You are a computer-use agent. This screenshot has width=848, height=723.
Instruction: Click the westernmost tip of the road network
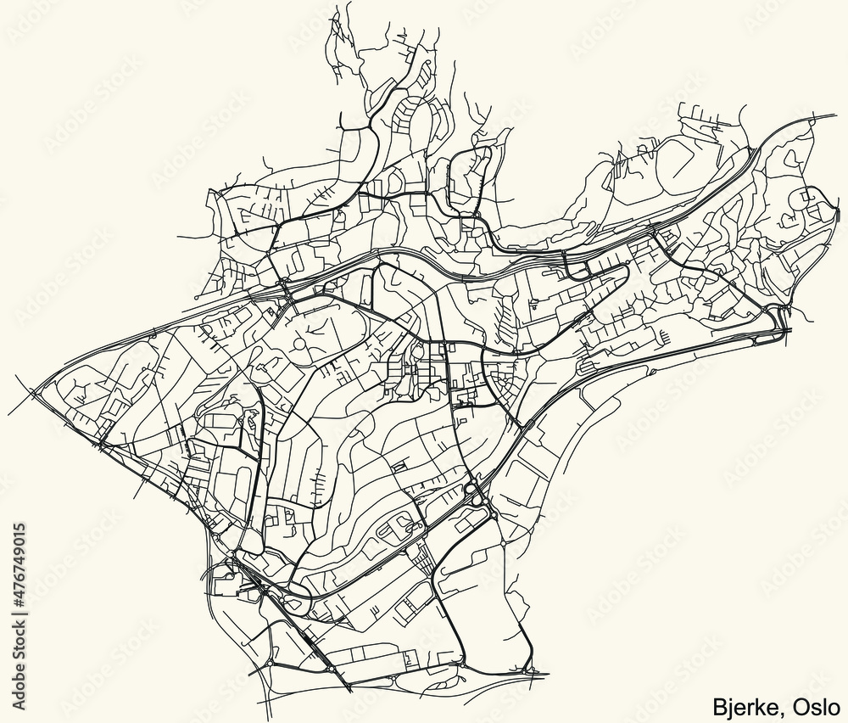9,414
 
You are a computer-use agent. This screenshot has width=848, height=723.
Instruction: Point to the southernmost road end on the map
349,689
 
